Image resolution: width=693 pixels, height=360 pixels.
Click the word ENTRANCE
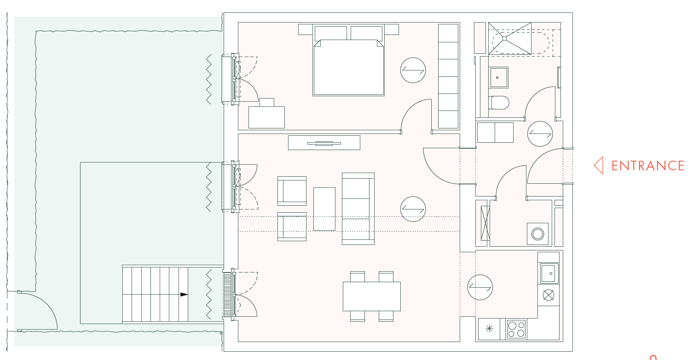point(647,166)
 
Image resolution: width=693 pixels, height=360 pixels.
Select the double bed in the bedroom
point(348,60)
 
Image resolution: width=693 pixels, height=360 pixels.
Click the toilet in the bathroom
point(499,103)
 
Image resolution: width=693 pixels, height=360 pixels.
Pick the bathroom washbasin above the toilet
point(498,77)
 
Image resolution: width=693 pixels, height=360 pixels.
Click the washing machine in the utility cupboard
point(537,234)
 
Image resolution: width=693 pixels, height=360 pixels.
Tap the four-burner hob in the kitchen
point(516,329)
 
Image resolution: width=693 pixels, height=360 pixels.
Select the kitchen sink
point(549,273)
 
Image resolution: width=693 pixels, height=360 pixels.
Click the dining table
point(371,296)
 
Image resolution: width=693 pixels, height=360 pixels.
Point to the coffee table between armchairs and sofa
point(324,209)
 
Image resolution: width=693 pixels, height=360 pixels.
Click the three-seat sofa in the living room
point(358,209)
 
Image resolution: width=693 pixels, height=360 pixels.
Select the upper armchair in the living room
point(292,191)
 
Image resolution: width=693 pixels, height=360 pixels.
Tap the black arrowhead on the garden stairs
point(184,294)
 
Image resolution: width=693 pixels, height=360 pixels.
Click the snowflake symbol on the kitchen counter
point(489,328)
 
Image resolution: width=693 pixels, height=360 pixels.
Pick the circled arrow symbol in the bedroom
point(413,70)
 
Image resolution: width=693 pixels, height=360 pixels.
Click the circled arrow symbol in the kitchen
point(480,287)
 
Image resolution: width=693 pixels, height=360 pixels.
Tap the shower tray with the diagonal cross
point(509,38)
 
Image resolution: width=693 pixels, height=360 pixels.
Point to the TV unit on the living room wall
point(324,143)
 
